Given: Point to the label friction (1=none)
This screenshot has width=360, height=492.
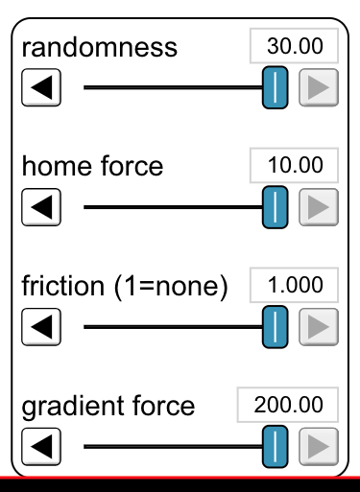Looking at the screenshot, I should [x=122, y=287].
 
